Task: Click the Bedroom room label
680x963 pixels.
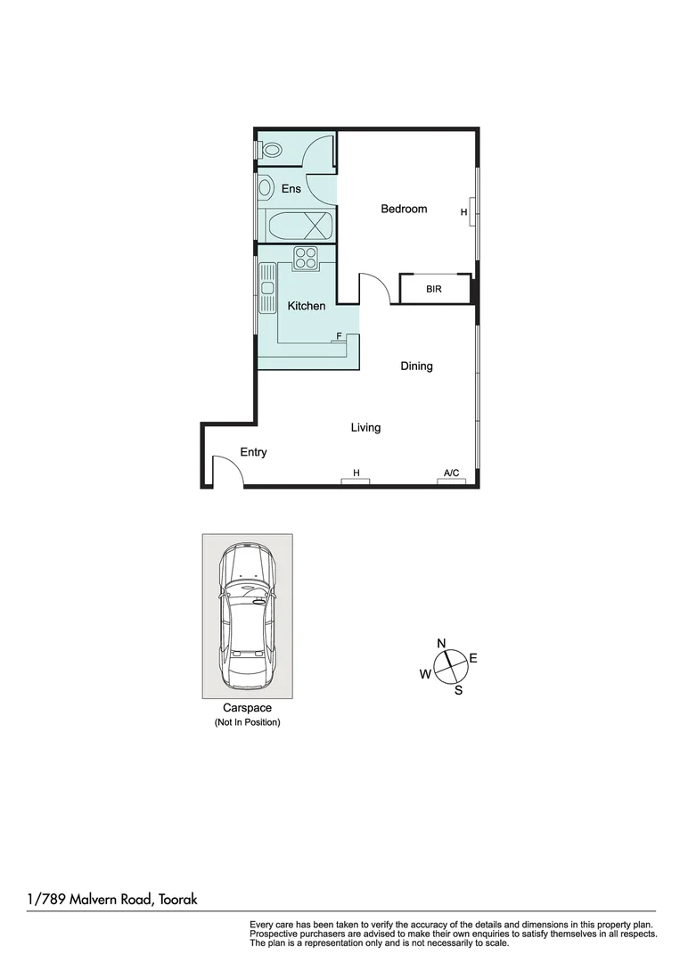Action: [x=404, y=209]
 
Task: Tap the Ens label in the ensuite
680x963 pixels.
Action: [x=291, y=189]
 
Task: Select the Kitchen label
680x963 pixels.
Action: [x=306, y=306]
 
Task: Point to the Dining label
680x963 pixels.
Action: [x=416, y=366]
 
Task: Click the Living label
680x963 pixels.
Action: [x=365, y=428]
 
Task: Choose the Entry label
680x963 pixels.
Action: [x=253, y=452]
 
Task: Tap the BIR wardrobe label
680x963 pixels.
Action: [x=434, y=290]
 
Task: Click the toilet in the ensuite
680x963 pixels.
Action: [x=270, y=150]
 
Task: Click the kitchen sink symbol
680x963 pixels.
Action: [x=266, y=288]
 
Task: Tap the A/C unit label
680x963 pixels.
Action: [x=451, y=473]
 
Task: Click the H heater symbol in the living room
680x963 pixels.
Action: [x=356, y=473]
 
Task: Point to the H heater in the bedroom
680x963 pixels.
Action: [x=463, y=212]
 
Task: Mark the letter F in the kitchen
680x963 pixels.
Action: [x=338, y=336]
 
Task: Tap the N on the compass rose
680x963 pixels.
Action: [x=441, y=644]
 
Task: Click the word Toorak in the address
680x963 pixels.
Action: [x=178, y=900]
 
